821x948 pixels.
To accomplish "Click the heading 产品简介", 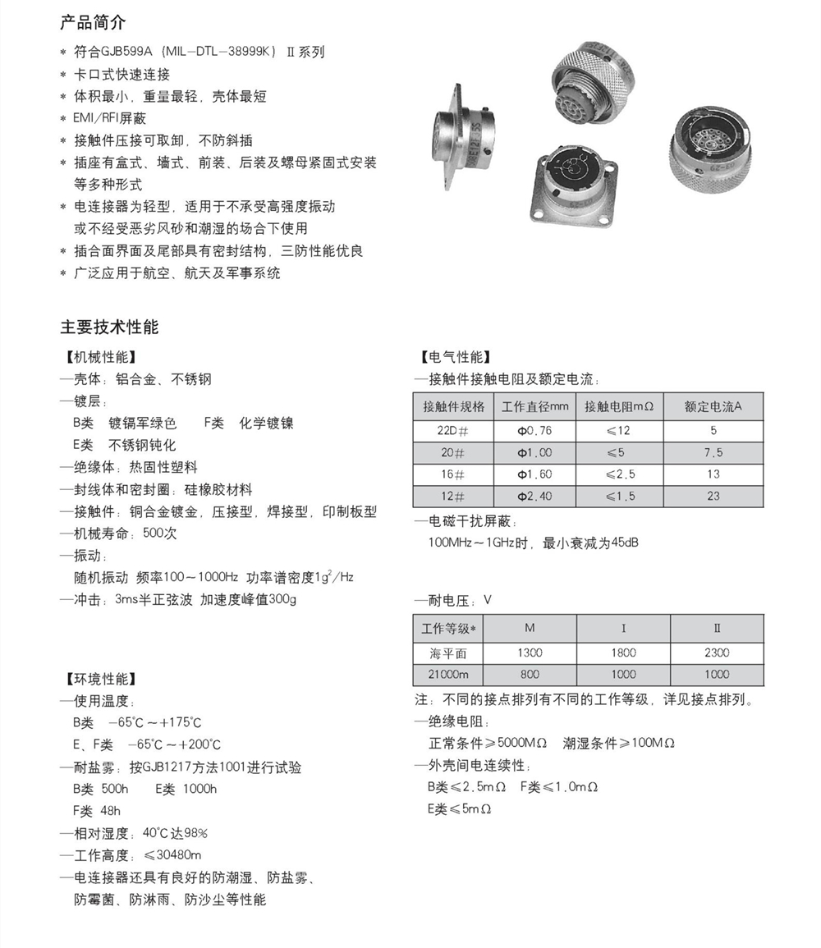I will (93, 22).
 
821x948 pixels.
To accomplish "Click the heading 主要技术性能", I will (109, 326).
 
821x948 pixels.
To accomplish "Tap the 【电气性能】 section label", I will (454, 357).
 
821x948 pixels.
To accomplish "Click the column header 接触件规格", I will (453, 407).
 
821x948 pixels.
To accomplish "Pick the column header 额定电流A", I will (713, 407).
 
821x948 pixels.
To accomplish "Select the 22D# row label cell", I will (453, 430).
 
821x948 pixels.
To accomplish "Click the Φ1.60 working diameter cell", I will (534, 474).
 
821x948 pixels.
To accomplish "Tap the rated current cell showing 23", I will (713, 496).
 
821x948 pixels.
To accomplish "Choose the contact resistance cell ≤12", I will (619, 430).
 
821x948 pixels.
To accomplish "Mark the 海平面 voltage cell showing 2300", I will (716, 653).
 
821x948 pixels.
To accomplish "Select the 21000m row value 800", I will (530, 674).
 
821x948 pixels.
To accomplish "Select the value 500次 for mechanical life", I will (159, 534).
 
